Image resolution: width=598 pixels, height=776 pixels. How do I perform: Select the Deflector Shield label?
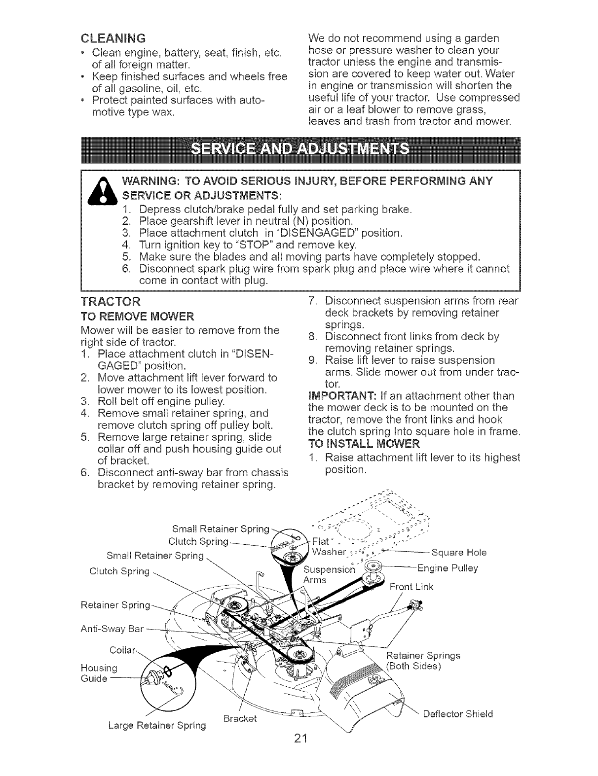click(x=458, y=714)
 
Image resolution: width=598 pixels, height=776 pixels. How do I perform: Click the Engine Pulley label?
click(x=448, y=568)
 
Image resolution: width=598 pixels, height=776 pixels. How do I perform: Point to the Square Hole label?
click(x=459, y=552)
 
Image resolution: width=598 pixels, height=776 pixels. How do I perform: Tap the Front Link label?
click(x=411, y=587)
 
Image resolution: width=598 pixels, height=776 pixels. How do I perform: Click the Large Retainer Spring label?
click(x=157, y=725)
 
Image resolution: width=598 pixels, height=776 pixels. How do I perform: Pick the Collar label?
click(x=122, y=650)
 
